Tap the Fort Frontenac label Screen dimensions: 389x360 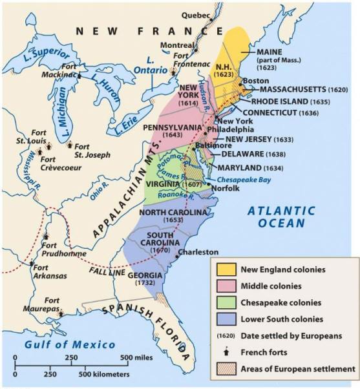[188, 59]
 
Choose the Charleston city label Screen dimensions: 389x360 [193, 252]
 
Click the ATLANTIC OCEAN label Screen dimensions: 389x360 [282, 217]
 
